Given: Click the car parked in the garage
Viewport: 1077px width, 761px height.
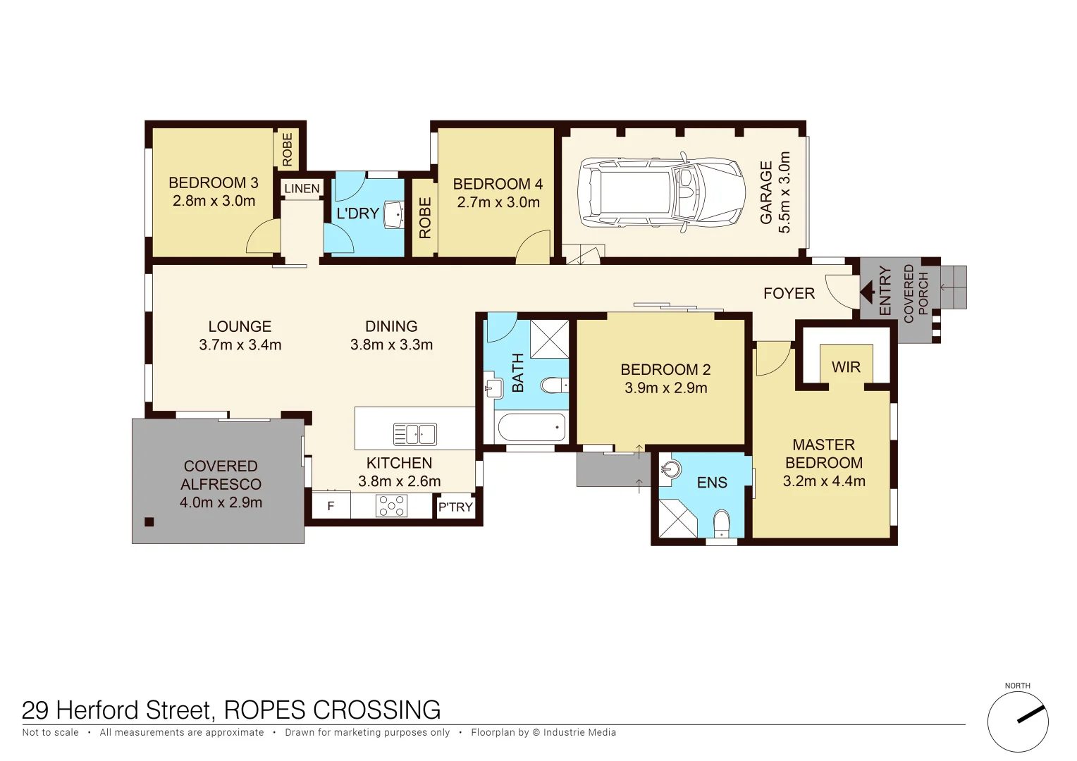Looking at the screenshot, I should [x=661, y=191].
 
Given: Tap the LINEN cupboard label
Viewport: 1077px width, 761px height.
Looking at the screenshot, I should [x=302, y=189].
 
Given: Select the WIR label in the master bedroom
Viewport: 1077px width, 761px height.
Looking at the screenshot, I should [x=846, y=367].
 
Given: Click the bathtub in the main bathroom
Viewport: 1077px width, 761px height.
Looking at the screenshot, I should [x=531, y=427].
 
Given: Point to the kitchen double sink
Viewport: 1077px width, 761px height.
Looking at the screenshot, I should [x=414, y=434].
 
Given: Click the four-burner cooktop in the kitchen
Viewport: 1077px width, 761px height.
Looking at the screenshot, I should [x=391, y=506].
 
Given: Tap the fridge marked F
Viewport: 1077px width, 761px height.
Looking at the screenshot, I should [x=331, y=506].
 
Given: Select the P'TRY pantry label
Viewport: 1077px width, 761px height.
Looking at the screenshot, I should [x=455, y=507].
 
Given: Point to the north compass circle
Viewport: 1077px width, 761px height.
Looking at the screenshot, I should [x=1017, y=722].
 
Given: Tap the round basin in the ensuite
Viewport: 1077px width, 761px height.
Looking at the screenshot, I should [x=671, y=469].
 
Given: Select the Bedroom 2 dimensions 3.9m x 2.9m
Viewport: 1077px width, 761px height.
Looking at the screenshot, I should [x=665, y=388].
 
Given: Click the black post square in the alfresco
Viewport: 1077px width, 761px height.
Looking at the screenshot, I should [x=149, y=522].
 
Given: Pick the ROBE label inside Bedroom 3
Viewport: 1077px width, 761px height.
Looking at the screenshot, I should [x=288, y=149].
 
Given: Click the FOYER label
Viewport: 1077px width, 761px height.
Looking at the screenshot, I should [x=789, y=293].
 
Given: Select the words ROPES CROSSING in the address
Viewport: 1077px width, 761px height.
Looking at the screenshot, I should [x=332, y=710].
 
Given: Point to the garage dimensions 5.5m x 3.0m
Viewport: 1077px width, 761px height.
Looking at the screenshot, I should [x=784, y=192].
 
